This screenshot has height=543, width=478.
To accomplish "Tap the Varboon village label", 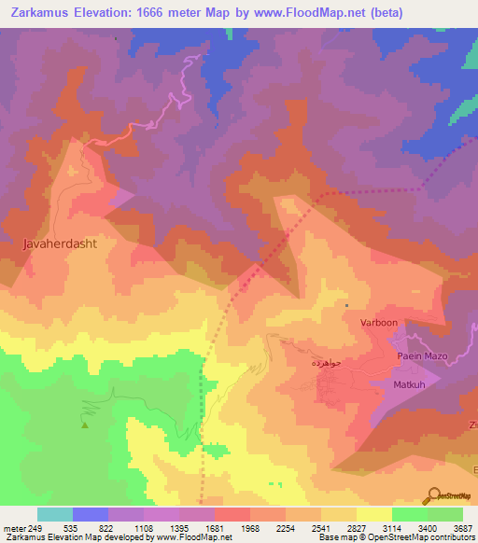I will point(379,322).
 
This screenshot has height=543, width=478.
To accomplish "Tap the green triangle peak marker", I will point(85,425).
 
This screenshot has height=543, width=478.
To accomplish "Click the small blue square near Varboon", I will point(347,304).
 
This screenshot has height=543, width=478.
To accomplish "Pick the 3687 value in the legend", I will point(462,527).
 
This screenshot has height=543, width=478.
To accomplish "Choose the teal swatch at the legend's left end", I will point(54,514).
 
